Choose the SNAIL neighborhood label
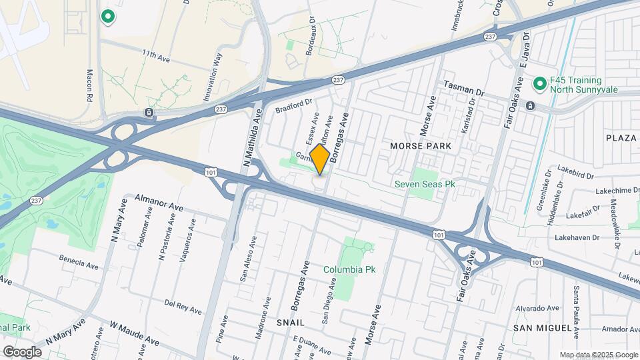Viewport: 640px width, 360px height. tap(291, 323)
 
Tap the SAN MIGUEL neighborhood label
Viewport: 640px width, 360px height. tap(543, 329)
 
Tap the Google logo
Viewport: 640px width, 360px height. tap(22, 351)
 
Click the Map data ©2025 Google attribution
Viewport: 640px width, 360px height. tap(598, 355)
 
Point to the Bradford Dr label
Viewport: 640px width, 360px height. tap(293, 105)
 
